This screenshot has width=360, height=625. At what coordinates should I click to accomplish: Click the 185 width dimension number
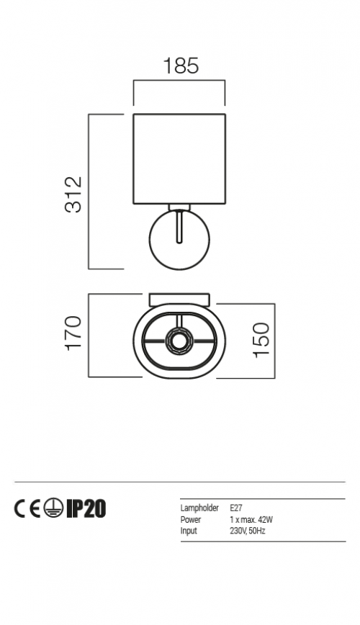[181, 66]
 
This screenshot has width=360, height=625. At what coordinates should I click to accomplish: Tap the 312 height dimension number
[73, 194]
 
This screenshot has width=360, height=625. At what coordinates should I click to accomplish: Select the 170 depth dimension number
[73, 333]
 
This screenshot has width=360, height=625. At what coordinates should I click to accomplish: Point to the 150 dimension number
[261, 340]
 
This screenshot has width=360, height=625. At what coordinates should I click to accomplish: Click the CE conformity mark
[28, 509]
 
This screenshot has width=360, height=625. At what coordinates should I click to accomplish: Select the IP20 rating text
[86, 509]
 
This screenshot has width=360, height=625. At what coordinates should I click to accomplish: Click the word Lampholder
[199, 508]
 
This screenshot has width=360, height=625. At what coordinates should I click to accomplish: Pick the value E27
[235, 508]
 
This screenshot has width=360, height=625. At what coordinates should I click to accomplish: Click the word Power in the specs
[191, 520]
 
